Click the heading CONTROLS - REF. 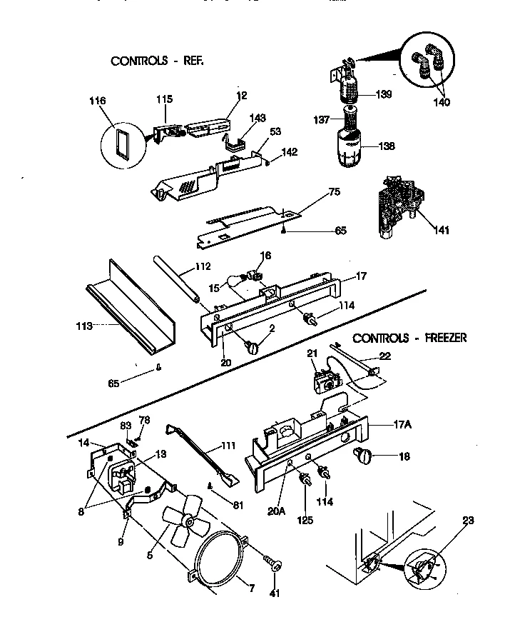point(157,61)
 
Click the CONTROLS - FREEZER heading point(409,338)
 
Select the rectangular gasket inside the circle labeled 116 point(121,143)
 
